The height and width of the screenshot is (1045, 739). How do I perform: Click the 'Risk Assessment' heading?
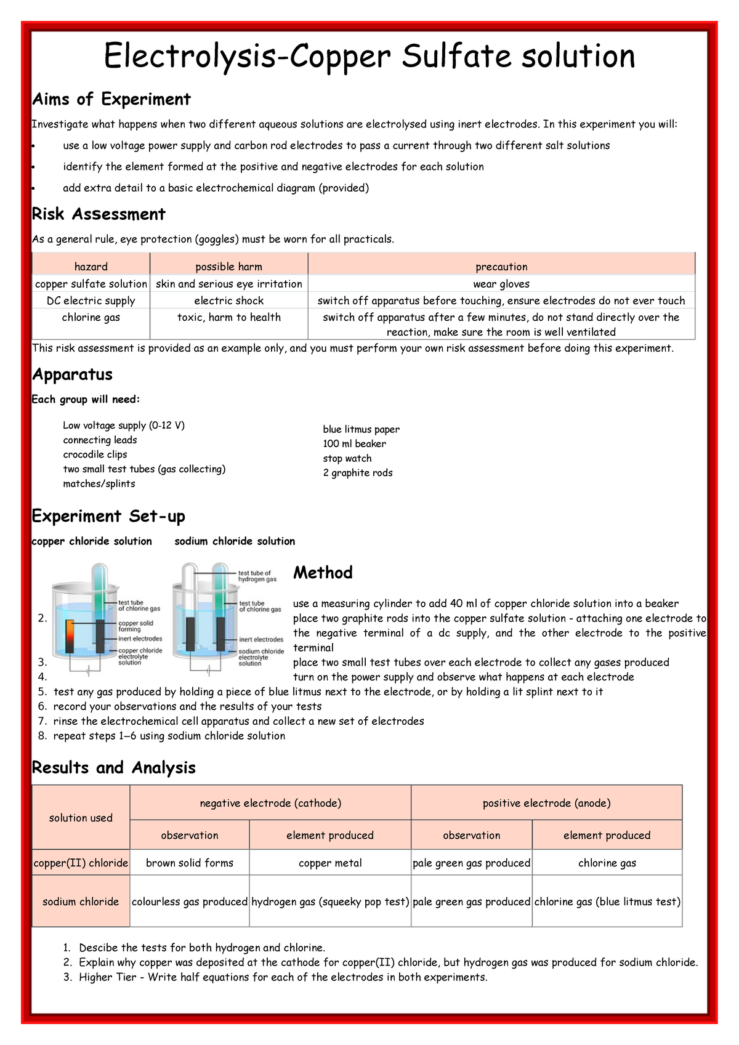pyautogui.click(x=99, y=214)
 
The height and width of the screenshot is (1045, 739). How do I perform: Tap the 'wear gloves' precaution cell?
pyautogui.click(x=501, y=284)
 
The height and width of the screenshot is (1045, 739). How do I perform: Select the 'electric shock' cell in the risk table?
pyautogui.click(x=228, y=301)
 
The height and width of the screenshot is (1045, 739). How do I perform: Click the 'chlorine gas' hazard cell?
pyautogui.click(x=91, y=317)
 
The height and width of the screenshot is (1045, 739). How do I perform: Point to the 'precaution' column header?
pyautogui.click(x=501, y=267)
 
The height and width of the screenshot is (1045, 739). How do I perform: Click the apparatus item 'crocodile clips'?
pyautogui.click(x=95, y=454)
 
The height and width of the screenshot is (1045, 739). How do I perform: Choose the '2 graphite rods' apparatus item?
pyautogui.click(x=357, y=473)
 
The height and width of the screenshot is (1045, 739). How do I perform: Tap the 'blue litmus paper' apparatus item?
pyautogui.click(x=361, y=429)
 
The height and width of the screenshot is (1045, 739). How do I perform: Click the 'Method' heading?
pyautogui.click(x=323, y=573)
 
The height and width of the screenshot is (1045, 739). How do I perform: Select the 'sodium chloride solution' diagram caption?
pyautogui.click(x=235, y=541)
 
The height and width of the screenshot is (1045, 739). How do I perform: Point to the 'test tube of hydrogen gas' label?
pyautogui.click(x=257, y=576)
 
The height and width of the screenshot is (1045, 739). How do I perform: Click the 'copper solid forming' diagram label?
pyautogui.click(x=135, y=626)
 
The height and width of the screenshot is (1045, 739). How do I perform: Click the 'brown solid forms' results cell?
pyautogui.click(x=190, y=863)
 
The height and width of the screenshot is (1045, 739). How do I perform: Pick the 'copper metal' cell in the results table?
pyautogui.click(x=330, y=863)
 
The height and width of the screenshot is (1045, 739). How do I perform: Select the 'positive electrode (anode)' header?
pyautogui.click(x=546, y=803)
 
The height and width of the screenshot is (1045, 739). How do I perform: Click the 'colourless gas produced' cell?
pyautogui.click(x=190, y=902)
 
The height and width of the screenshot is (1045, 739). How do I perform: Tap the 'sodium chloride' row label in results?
pyautogui.click(x=81, y=902)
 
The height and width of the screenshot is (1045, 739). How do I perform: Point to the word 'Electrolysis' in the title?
pyautogui.click(x=189, y=57)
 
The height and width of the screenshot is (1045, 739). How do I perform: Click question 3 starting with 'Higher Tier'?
pyautogui.click(x=283, y=977)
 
